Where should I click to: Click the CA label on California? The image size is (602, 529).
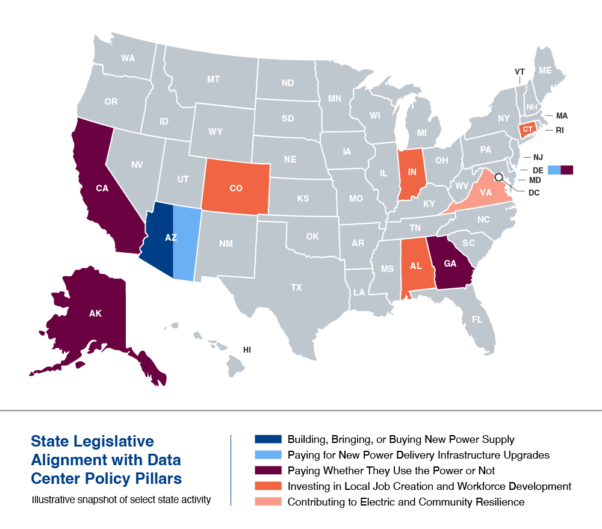point(102,188)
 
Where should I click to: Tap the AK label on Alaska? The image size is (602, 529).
point(95,314)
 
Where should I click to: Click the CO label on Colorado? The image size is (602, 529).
point(236,188)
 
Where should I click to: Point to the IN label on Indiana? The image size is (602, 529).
point(412,173)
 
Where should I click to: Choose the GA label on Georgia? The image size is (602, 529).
point(450,263)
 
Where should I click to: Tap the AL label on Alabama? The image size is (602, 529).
point(415,265)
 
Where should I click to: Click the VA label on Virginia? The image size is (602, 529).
point(486,193)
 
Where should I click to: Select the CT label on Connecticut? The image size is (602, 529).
point(528,129)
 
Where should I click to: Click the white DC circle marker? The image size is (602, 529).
point(498,178)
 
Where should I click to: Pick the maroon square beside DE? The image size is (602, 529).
point(567,170)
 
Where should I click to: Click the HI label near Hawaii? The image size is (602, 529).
point(247,349)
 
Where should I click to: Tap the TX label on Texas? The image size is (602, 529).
point(296,288)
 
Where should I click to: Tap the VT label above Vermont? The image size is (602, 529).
point(520,72)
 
